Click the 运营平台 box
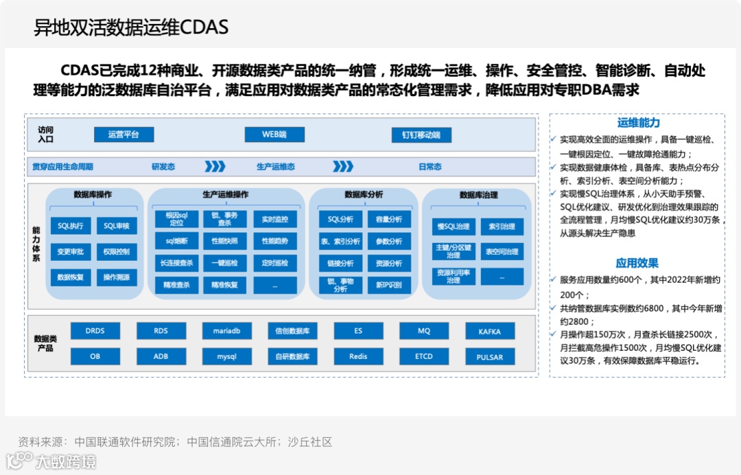point(123,135)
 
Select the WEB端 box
point(274,135)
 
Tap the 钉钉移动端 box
point(421,135)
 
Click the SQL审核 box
point(117,226)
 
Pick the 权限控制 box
point(117,252)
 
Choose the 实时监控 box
point(275,220)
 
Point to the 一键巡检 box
point(224,263)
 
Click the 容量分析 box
point(389,220)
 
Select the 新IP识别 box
point(389,285)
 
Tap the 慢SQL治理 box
point(454,227)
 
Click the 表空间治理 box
point(502,252)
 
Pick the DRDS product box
point(95,331)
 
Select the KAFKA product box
point(490,332)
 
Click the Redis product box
point(358,357)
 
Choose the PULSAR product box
point(490,358)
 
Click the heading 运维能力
point(638,123)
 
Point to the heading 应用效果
point(637,263)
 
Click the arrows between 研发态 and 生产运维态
point(215,167)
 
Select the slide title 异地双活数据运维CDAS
point(131,27)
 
